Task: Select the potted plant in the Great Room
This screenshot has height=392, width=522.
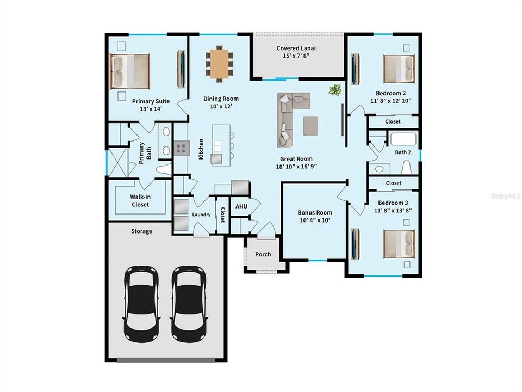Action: tap(334, 90)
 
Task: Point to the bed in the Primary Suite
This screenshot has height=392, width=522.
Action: tap(130, 71)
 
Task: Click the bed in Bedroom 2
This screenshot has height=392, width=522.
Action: tap(399, 69)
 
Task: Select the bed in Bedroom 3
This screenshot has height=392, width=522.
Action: tap(399, 243)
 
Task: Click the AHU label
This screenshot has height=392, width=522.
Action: tap(241, 207)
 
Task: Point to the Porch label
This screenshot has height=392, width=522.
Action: tap(263, 254)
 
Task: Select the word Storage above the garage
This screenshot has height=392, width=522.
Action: tap(141, 231)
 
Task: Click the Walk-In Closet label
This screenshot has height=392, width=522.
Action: tap(140, 201)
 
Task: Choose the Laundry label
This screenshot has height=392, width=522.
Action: tap(201, 215)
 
